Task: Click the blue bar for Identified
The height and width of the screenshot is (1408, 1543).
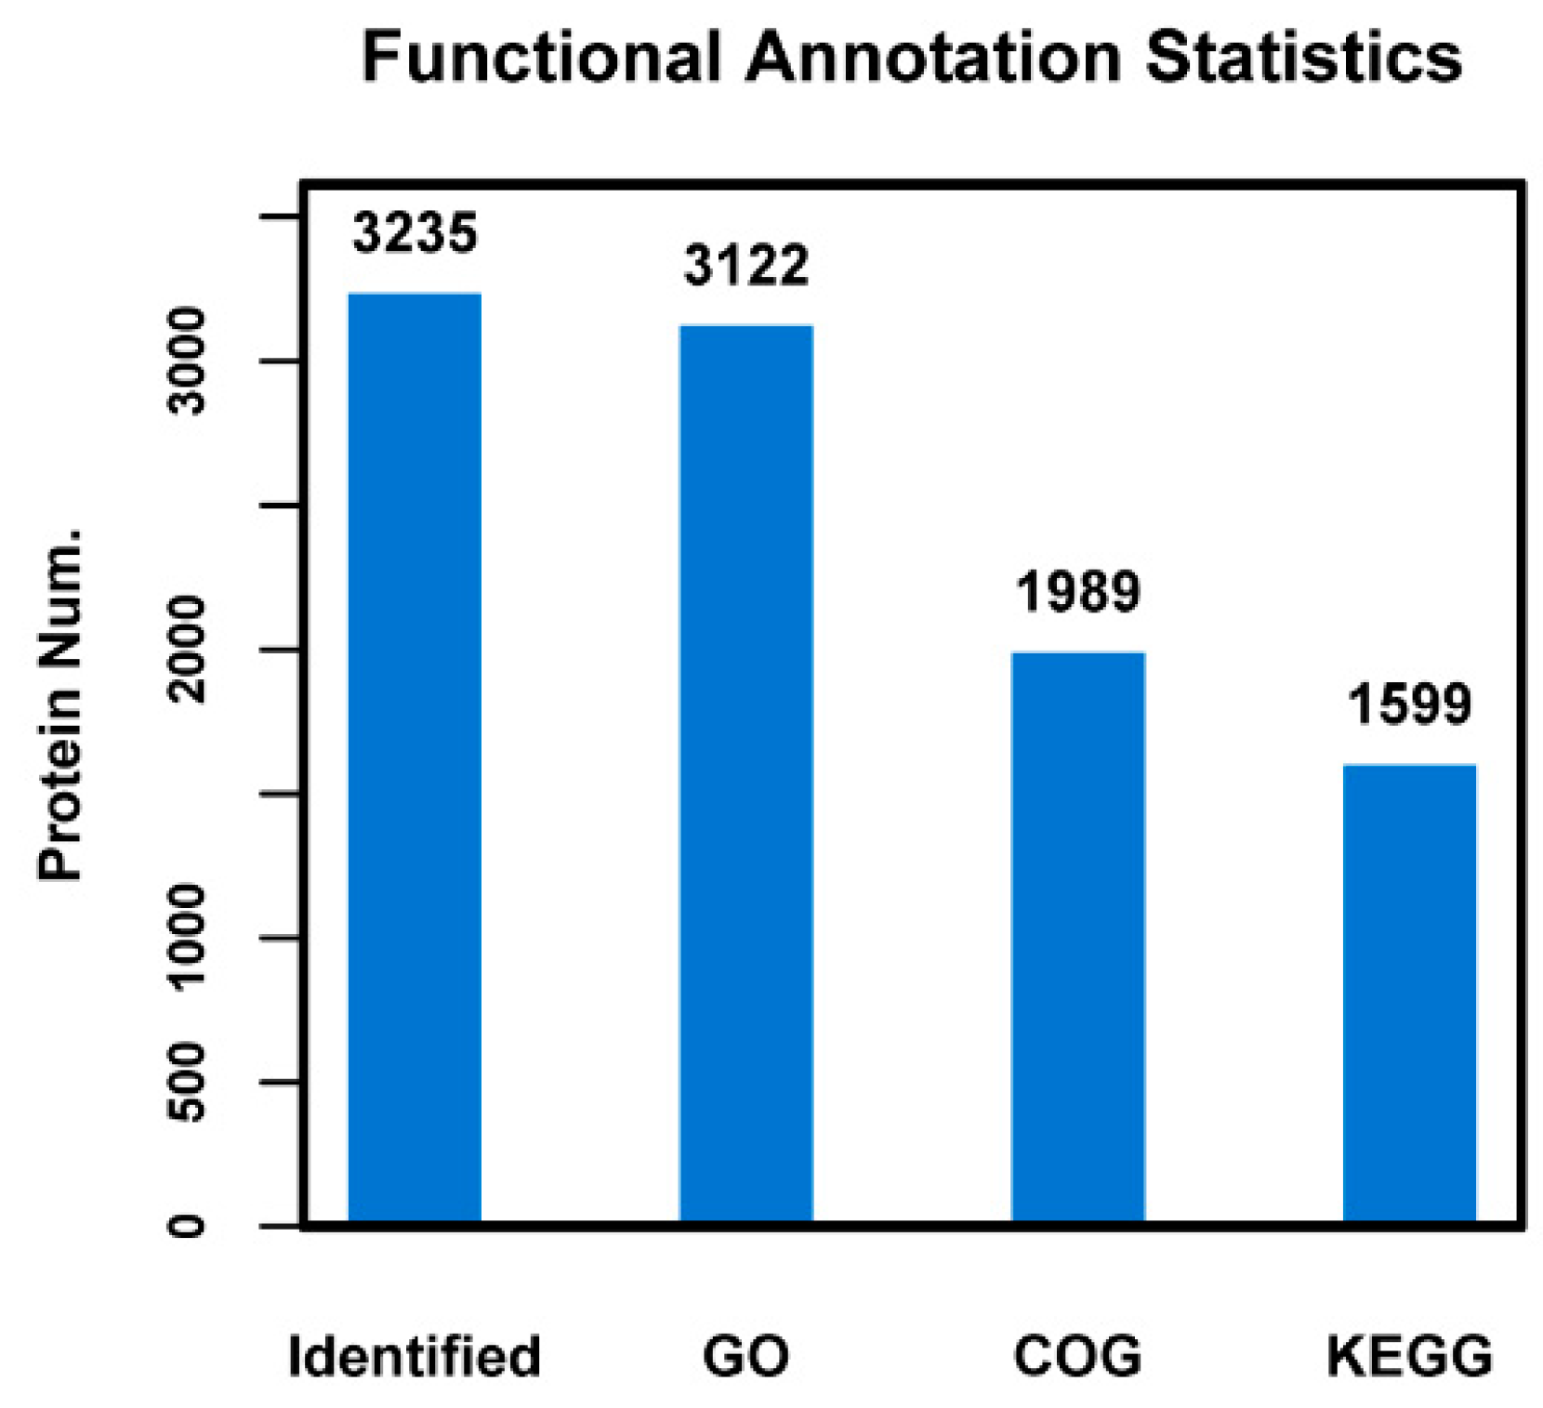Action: (415, 757)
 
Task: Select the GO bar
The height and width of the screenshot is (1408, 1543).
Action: (746, 772)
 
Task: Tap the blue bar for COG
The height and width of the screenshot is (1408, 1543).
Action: (1078, 936)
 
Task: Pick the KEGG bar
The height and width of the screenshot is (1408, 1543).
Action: (1410, 992)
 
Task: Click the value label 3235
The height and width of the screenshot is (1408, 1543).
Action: (415, 233)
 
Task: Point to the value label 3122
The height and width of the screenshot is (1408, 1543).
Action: (746, 266)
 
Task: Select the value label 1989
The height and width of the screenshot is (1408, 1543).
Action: (1078, 591)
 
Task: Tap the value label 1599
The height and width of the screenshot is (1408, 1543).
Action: (1410, 704)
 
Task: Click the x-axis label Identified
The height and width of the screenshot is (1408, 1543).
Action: (415, 1356)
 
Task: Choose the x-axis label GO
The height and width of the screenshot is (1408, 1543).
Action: (746, 1356)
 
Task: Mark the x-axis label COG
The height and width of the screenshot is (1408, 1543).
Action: (1078, 1356)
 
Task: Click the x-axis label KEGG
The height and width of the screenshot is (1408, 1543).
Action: (1409, 1356)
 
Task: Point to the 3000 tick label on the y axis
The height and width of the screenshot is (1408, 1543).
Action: (189, 362)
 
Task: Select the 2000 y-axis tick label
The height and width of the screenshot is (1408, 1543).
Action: (189, 650)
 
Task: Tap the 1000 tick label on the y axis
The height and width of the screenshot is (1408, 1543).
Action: (189, 938)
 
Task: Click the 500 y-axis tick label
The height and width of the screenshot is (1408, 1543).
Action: (189, 1082)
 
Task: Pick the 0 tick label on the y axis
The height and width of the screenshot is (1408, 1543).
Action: (189, 1226)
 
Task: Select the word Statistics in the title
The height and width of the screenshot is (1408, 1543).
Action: (1303, 58)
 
